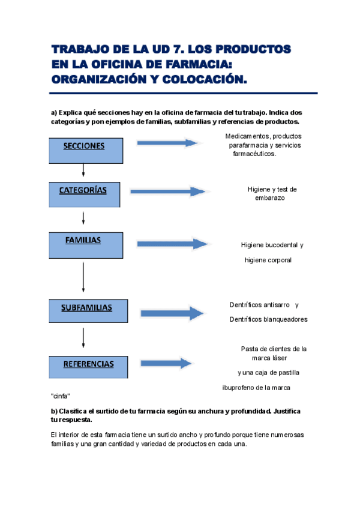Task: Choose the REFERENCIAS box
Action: (88, 366)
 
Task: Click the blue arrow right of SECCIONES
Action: (168, 143)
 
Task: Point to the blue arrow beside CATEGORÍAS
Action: (168, 191)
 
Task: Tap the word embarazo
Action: (269, 197)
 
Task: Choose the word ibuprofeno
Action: (240, 388)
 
